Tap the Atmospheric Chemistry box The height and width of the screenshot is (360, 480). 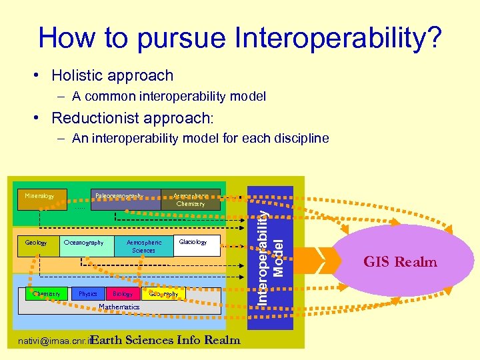click(191, 200)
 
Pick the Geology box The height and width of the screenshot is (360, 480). click(36, 243)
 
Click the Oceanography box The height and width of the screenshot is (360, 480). click(84, 243)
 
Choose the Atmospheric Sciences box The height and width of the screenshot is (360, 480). click(143, 247)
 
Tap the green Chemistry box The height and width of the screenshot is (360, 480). click(46, 294)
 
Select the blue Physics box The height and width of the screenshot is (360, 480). click(87, 294)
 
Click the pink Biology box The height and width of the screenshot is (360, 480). click(122, 294)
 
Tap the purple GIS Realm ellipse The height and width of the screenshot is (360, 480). click(399, 261)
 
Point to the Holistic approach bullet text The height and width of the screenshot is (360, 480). click(112, 76)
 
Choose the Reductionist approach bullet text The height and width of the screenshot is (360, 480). click(133, 118)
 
